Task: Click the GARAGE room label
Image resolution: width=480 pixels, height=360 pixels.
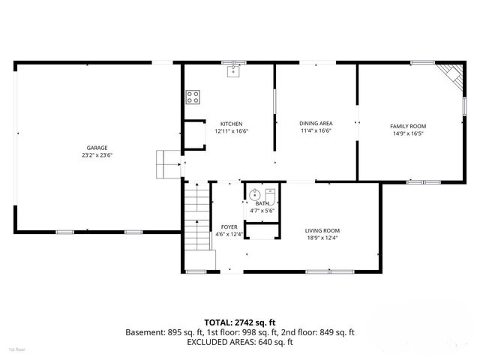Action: coord(97,148)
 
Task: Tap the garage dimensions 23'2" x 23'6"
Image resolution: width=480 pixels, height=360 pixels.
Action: coord(97,155)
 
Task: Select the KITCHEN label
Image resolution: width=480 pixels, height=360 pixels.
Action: coord(231,124)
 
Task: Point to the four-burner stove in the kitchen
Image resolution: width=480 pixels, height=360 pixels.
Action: coord(193,96)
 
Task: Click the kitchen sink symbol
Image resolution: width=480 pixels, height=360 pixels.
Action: coord(233,71)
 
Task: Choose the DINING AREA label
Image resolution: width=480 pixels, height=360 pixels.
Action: coord(316,123)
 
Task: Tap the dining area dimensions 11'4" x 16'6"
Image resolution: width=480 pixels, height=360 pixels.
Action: coord(316,130)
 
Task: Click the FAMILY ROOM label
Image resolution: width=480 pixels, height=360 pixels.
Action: coord(408,127)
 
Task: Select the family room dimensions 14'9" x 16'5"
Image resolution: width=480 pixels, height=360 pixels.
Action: coord(408,134)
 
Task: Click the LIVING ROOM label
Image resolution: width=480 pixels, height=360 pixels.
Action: coord(322,230)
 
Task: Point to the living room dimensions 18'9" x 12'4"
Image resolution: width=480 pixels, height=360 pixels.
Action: coord(322,238)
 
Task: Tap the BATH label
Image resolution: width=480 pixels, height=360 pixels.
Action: coord(262,203)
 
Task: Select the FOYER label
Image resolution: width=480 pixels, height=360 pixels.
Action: coord(229,227)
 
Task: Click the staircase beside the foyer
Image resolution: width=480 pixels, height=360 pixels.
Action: coord(196,217)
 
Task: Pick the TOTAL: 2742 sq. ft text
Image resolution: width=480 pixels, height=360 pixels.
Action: coord(240,321)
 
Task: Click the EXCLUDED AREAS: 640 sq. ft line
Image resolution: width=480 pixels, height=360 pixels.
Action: coord(240,341)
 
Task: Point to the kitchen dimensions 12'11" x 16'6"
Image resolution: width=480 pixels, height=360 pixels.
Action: coord(231,131)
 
